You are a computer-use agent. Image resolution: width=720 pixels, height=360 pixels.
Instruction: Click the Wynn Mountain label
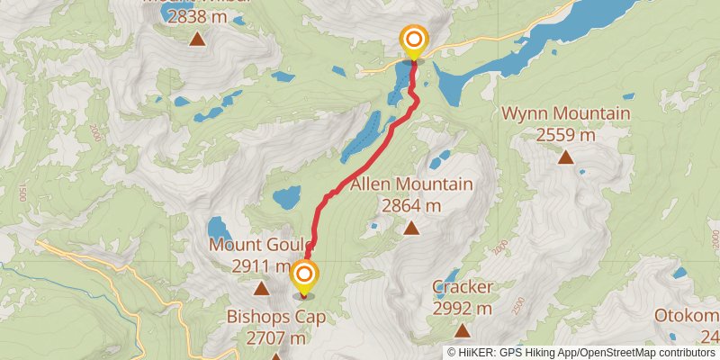click(565, 114)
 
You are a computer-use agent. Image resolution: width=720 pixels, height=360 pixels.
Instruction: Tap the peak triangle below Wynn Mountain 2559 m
click(565, 157)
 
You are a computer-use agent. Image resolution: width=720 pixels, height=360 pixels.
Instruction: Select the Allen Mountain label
click(411, 184)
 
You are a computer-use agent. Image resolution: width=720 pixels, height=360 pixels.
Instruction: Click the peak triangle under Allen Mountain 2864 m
click(411, 228)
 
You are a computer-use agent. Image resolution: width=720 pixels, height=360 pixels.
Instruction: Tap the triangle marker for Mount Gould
click(261, 289)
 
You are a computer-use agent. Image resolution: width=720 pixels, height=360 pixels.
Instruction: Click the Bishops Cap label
click(275, 317)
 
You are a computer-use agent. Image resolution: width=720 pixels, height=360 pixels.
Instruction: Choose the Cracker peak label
click(462, 287)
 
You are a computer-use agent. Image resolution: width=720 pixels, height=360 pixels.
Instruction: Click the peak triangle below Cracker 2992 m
click(462, 330)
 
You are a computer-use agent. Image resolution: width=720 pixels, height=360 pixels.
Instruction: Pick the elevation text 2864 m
click(411, 205)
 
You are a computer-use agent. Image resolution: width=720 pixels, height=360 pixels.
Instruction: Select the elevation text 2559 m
click(565, 135)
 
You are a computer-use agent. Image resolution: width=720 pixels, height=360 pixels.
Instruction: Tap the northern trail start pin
click(413, 40)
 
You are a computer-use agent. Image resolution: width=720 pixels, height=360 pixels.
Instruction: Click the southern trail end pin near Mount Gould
click(304, 275)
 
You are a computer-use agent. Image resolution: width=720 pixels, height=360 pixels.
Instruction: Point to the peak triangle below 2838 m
click(196, 39)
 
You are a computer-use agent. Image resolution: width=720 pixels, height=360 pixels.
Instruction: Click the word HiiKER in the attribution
click(478, 352)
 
